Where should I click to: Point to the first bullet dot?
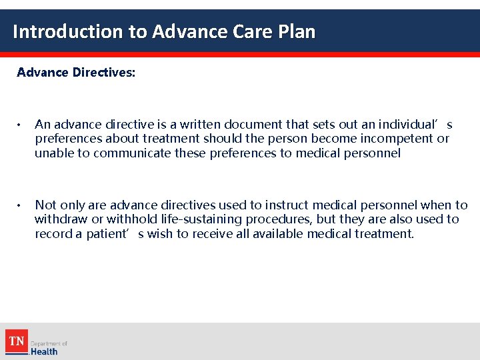(21, 125)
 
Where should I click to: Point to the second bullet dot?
(21, 205)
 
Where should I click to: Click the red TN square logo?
(17, 341)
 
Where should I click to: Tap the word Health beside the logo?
(45, 351)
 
